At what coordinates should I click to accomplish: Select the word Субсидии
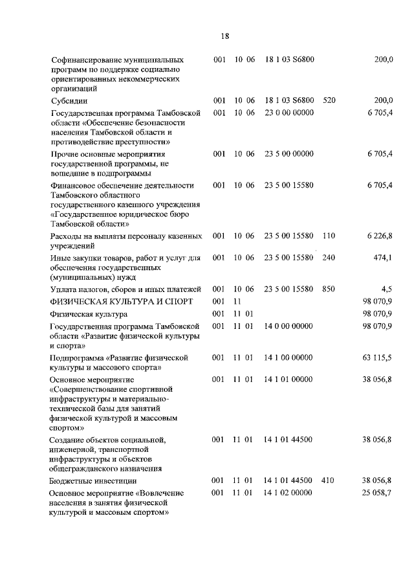(x=69, y=101)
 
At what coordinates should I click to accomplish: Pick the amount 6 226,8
(x=379, y=236)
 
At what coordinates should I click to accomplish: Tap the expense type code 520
(x=329, y=101)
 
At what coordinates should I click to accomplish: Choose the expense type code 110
(x=329, y=236)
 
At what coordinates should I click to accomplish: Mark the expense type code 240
(x=329, y=258)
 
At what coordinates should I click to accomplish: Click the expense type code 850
(x=329, y=289)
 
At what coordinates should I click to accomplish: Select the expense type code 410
(x=329, y=480)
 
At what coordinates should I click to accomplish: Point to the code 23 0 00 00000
(x=289, y=113)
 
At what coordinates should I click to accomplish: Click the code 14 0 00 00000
(x=289, y=326)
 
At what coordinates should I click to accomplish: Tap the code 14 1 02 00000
(x=289, y=493)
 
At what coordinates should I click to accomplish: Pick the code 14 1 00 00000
(x=289, y=357)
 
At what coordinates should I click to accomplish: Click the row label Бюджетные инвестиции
(x=93, y=481)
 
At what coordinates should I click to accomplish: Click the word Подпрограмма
(x=77, y=357)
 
